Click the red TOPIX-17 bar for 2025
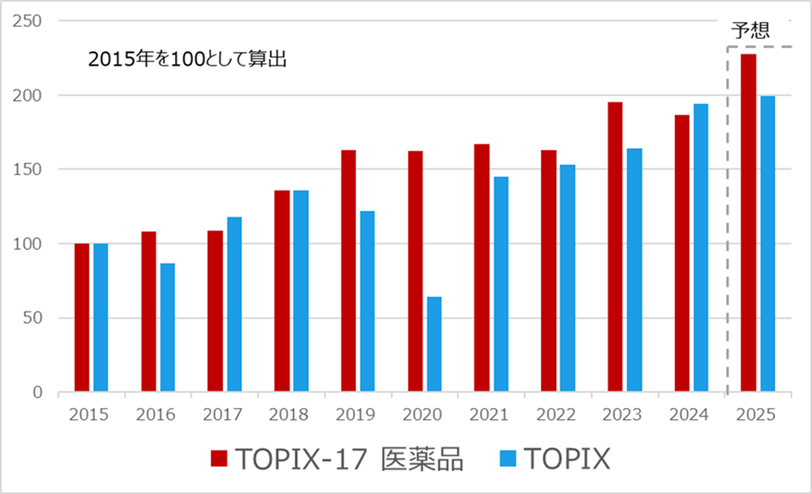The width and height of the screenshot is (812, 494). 748,223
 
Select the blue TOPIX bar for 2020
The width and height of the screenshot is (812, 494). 433,344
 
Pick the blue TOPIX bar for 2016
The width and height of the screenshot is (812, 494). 167,327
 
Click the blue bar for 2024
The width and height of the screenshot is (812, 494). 700,248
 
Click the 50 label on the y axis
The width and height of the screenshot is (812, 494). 34,318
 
